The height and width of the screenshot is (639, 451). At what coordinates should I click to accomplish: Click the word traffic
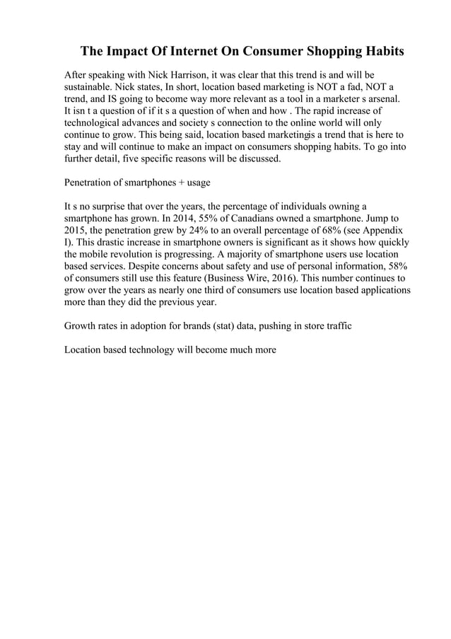(x=334, y=326)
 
